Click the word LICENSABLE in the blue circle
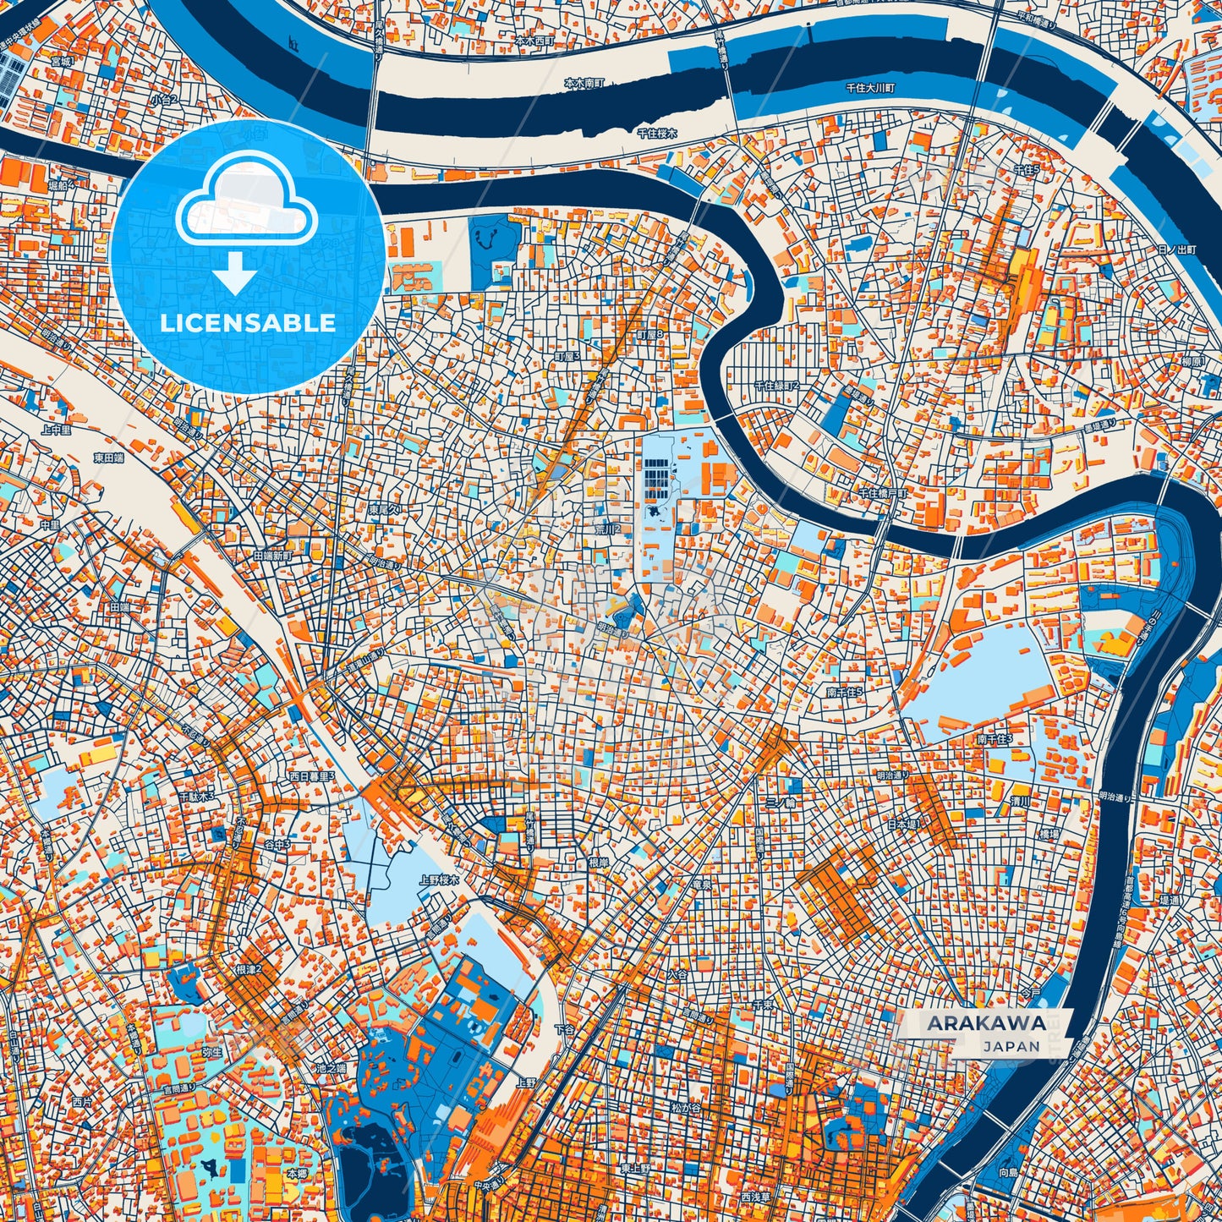(x=247, y=323)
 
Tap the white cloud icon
(x=246, y=205)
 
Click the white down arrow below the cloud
(x=236, y=276)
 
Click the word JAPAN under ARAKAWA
(x=1011, y=1046)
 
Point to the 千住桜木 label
(x=657, y=134)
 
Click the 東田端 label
(x=110, y=458)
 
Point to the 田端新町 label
(x=272, y=556)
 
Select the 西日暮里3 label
(x=312, y=775)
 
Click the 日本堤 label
(x=902, y=823)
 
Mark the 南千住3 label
(x=995, y=738)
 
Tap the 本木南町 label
(x=584, y=84)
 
